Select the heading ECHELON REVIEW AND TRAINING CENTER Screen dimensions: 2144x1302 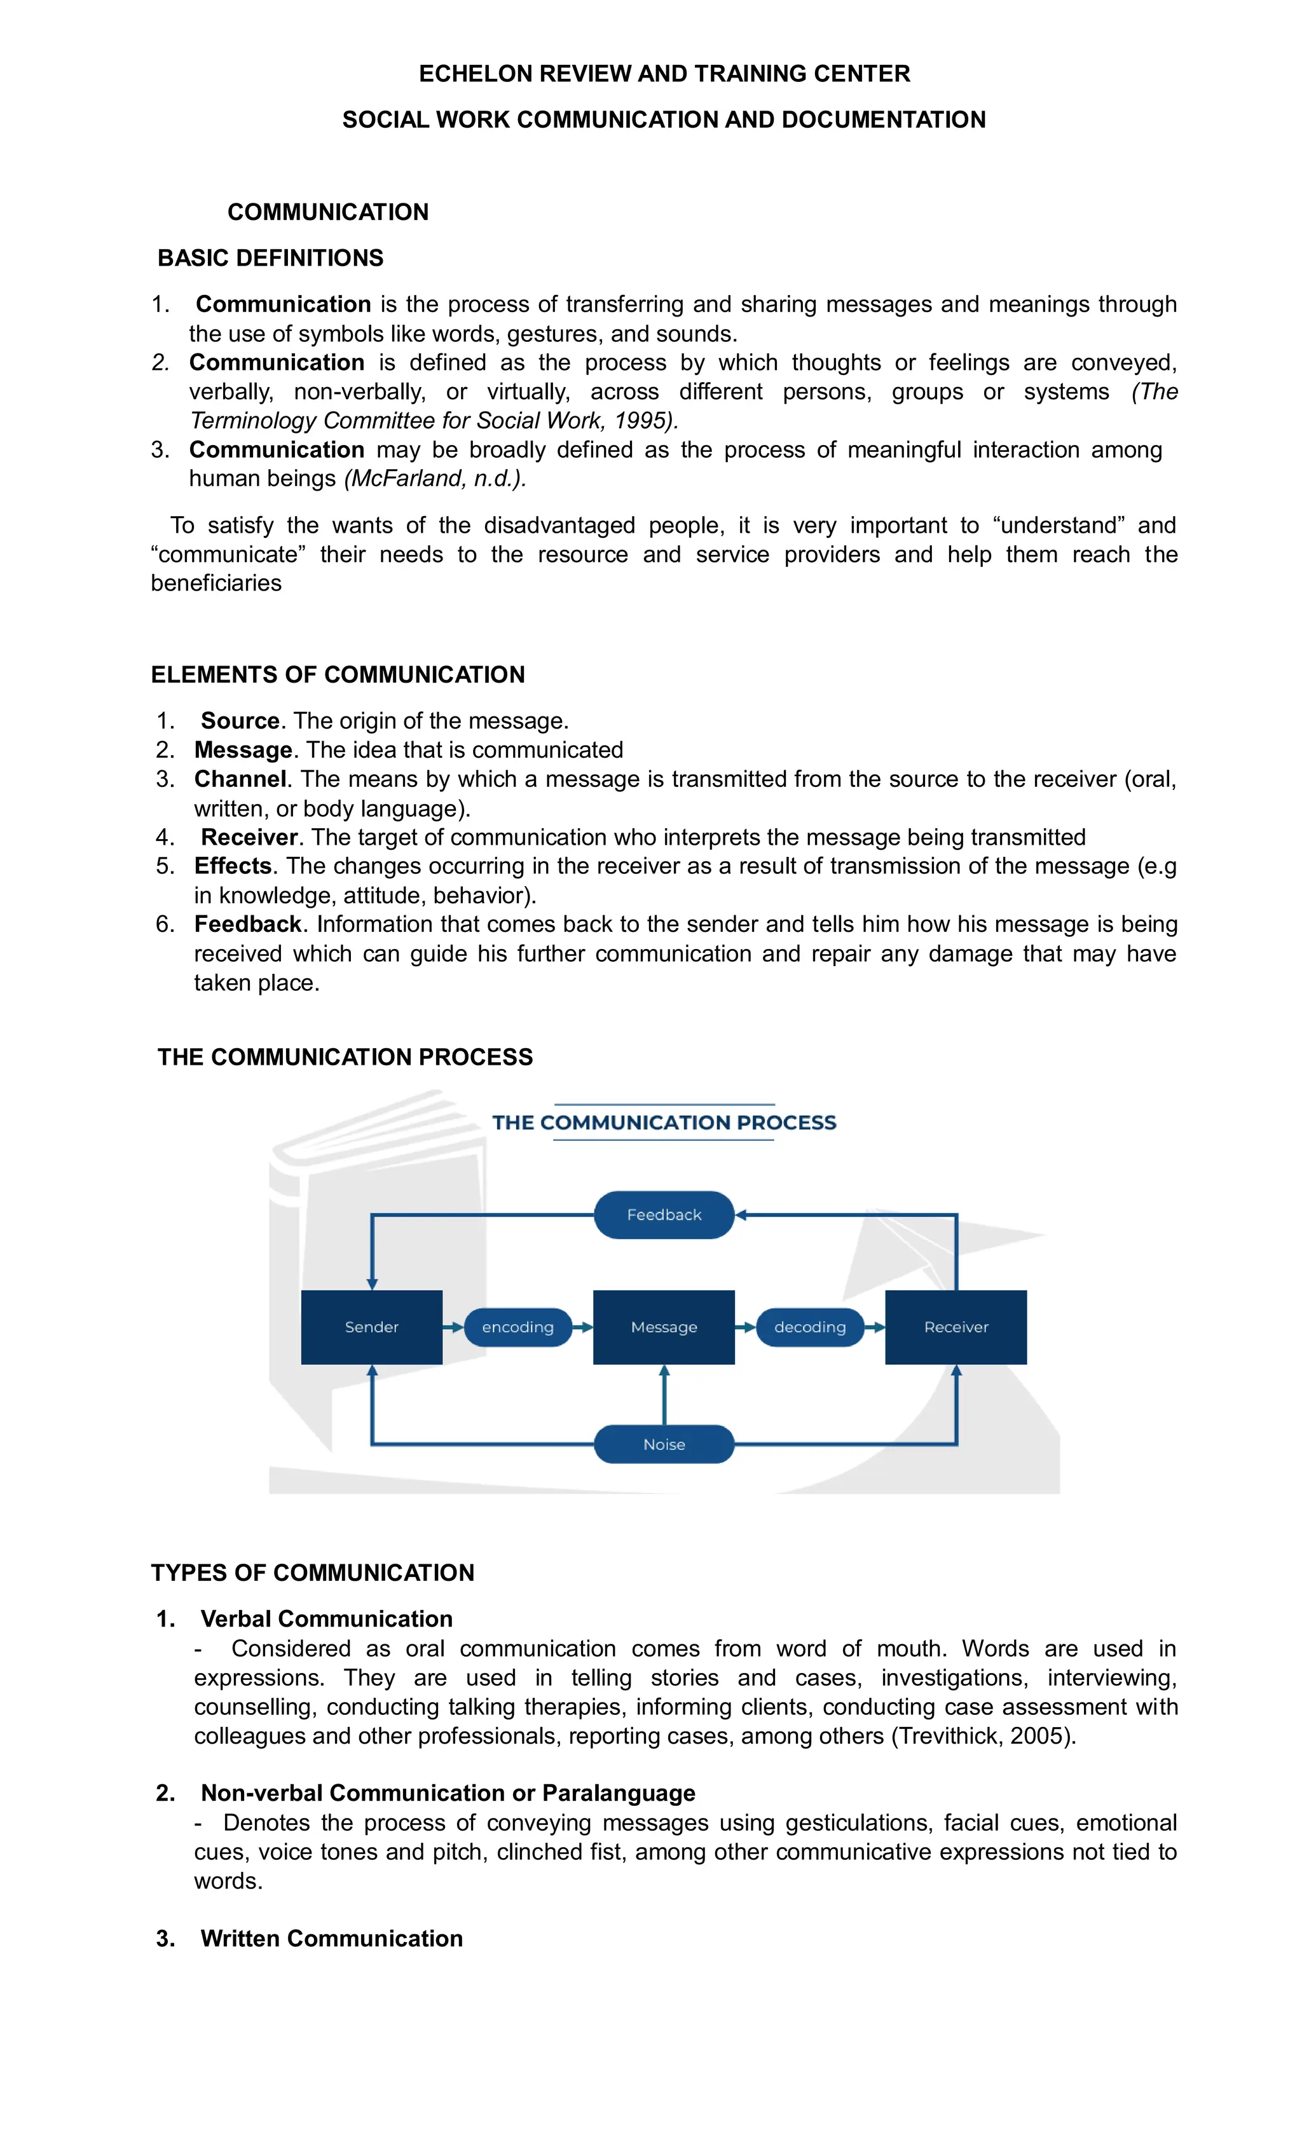(664, 73)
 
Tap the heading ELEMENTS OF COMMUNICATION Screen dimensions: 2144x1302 (338, 674)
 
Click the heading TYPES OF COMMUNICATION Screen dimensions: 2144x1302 (312, 1573)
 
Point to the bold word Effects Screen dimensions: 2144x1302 (233, 866)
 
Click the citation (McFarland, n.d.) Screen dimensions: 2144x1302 (435, 479)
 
